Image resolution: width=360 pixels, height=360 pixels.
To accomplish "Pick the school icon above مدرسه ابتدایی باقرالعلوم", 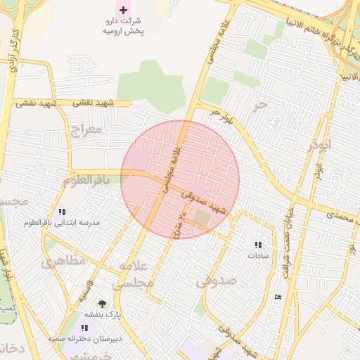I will click(x=62, y=211).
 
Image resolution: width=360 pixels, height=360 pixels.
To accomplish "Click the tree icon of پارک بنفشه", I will click(x=103, y=304).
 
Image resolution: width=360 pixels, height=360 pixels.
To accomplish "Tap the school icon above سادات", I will click(x=258, y=245).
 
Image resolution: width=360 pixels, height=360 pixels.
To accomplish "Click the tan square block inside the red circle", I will click(x=202, y=219).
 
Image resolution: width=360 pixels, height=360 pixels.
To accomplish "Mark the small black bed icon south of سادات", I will click(x=278, y=297).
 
